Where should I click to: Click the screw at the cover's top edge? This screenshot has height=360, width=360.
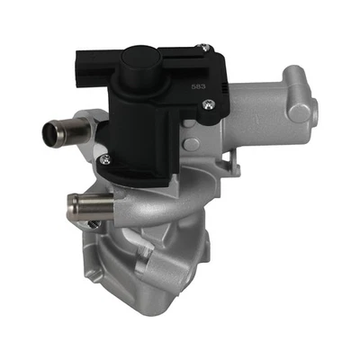click(204, 48)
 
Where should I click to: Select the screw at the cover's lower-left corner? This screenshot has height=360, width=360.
click(106, 159)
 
